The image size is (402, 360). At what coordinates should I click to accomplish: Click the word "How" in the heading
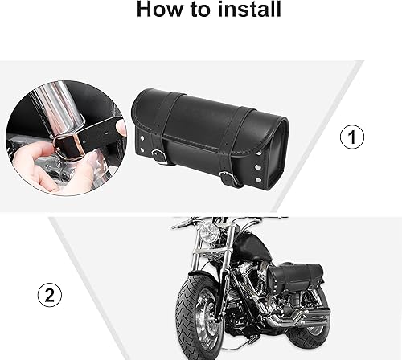158,10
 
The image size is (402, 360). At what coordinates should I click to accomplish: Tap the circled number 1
351,138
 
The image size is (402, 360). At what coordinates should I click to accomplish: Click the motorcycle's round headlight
209,233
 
